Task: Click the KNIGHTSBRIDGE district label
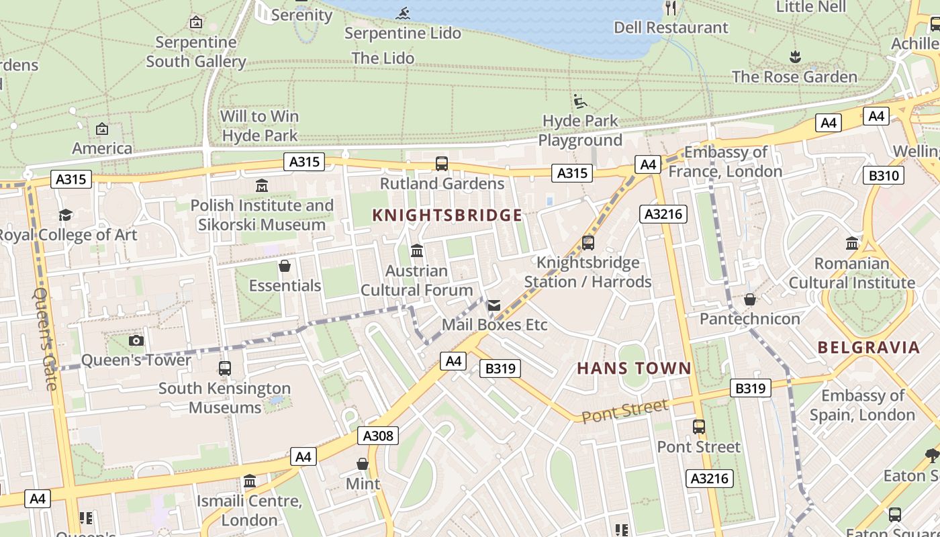pos(447,215)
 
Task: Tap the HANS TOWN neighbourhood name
pos(634,368)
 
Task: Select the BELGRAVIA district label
pos(868,347)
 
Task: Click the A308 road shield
pos(378,436)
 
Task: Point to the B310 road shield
pos(882,176)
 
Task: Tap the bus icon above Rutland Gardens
pos(442,163)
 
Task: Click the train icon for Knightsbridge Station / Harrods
pos(588,242)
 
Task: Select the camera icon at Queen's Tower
pos(136,340)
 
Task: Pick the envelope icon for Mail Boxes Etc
pos(494,305)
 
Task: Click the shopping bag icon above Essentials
pos(285,266)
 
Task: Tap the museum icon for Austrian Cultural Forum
pos(416,250)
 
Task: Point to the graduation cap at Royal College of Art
pos(65,215)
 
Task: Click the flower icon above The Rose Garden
pos(795,56)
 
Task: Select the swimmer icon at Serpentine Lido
pos(403,13)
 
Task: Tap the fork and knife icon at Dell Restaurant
pos(671,8)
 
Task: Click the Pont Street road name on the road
pos(624,411)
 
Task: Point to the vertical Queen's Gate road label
pos(46,339)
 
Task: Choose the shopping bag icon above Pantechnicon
pos(750,299)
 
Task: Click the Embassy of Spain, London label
pos(862,405)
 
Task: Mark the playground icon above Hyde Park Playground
pos(580,101)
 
